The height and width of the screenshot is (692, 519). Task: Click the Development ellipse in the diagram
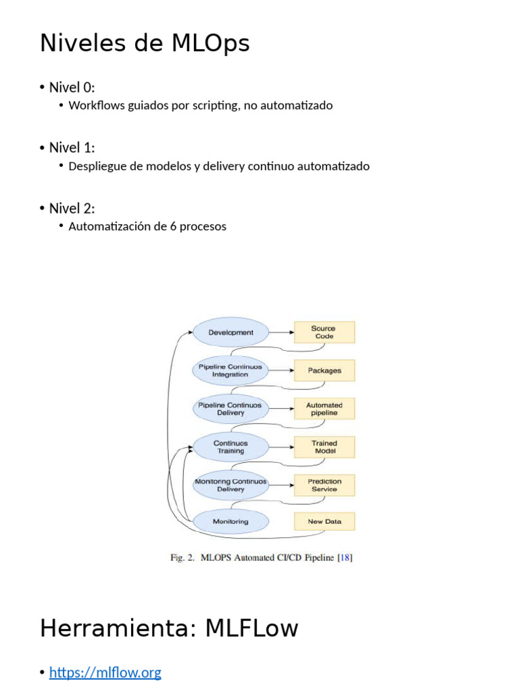(231, 332)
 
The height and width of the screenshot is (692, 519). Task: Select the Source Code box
(324, 332)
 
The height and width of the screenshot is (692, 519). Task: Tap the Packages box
(324, 370)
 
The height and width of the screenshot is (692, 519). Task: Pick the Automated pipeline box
(324, 409)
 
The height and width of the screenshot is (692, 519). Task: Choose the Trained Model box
(324, 447)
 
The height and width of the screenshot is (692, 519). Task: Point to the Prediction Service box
(324, 485)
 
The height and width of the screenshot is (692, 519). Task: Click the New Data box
(324, 521)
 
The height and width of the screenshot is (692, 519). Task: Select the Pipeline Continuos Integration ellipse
(231, 370)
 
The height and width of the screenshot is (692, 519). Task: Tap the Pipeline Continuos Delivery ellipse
(231, 409)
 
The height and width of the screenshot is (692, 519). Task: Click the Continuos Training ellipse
(231, 447)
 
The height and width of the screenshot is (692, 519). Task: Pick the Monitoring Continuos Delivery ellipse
(231, 485)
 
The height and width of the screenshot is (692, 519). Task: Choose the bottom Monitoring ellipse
(231, 521)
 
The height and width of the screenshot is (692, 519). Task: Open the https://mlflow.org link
(105, 672)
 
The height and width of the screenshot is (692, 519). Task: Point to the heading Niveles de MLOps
(145, 43)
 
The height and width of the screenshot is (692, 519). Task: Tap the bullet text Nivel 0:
(72, 87)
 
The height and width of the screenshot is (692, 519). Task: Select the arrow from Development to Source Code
(281, 332)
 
